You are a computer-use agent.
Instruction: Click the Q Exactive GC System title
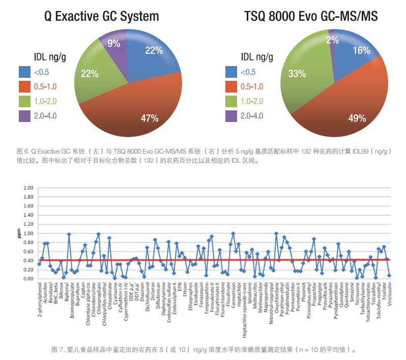(101, 16)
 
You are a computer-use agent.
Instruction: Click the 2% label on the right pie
(332, 39)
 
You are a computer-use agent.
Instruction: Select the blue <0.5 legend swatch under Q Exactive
(25, 72)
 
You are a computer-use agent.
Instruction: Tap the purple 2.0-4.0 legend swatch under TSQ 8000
(232, 116)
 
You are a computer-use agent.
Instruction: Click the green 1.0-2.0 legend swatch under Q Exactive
(25, 102)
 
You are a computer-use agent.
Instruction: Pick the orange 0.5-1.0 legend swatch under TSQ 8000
(232, 87)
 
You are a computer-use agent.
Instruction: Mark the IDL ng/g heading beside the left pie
(49, 56)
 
